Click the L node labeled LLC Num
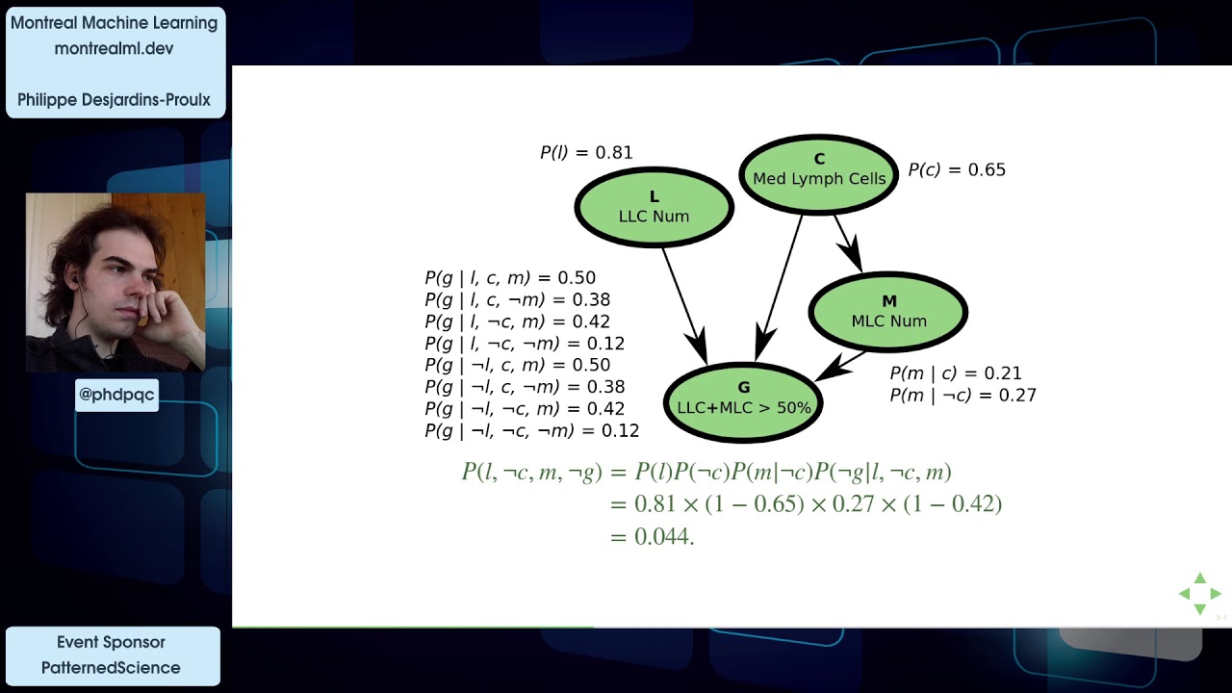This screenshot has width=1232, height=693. click(654, 207)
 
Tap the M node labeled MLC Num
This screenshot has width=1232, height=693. click(888, 311)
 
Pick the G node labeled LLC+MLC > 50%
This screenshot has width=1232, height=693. click(744, 398)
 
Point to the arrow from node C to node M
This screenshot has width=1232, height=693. click(846, 241)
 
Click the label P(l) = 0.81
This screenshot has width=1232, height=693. click(586, 152)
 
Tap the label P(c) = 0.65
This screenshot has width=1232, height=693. click(957, 170)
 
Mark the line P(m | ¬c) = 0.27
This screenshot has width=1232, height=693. click(962, 395)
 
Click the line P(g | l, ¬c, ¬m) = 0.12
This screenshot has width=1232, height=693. click(525, 344)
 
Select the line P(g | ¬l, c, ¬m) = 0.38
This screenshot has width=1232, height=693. click(525, 387)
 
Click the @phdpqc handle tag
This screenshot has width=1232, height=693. click(116, 395)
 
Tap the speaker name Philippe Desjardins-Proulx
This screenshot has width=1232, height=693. click(115, 100)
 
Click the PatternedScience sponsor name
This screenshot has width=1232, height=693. click(111, 667)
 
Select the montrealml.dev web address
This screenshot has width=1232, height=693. click(114, 48)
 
